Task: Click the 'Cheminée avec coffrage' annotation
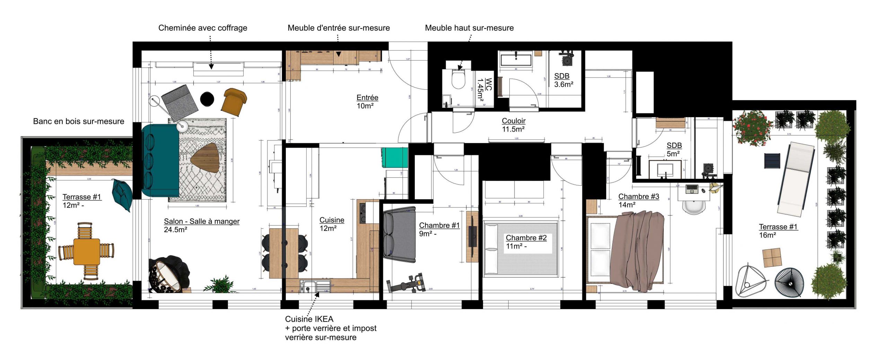[x=203, y=28]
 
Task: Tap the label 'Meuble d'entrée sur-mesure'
[x=339, y=28]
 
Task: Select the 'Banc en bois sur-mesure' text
[x=79, y=121]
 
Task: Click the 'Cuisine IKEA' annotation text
[x=309, y=319]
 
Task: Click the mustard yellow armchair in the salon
[x=234, y=101]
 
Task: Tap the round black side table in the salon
[x=207, y=99]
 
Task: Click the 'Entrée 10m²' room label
[x=367, y=102]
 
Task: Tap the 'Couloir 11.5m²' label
[x=513, y=125]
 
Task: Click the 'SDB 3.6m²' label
[x=563, y=80]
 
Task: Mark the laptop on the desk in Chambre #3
[x=692, y=189]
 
